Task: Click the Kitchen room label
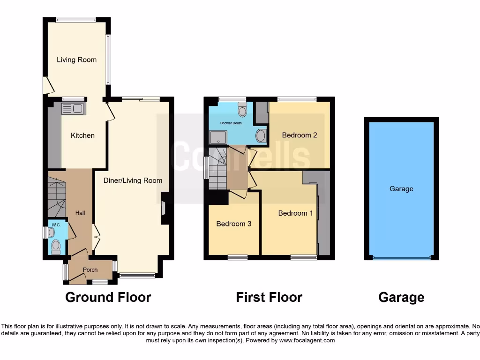pyautogui.click(x=82, y=135)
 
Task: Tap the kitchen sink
pyautogui.click(x=72, y=109)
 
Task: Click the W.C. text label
pyautogui.click(x=56, y=225)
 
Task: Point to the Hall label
pyautogui.click(x=80, y=213)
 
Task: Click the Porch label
pyautogui.click(x=90, y=270)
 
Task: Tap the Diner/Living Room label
pyautogui.click(x=133, y=180)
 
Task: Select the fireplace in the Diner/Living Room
pyautogui.click(x=164, y=208)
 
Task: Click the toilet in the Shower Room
pyautogui.click(x=242, y=110)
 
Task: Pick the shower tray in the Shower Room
pyautogui.click(x=217, y=137)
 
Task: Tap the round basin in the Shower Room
pyautogui.click(x=260, y=136)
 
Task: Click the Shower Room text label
pyautogui.click(x=231, y=123)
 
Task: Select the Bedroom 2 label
pyautogui.click(x=300, y=135)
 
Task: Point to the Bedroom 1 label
pyautogui.click(x=295, y=213)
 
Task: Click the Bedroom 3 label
pyautogui.click(x=233, y=224)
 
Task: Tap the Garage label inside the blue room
pyautogui.click(x=401, y=189)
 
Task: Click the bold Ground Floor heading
pyautogui.click(x=108, y=297)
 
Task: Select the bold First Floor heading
pyautogui.click(x=269, y=297)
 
